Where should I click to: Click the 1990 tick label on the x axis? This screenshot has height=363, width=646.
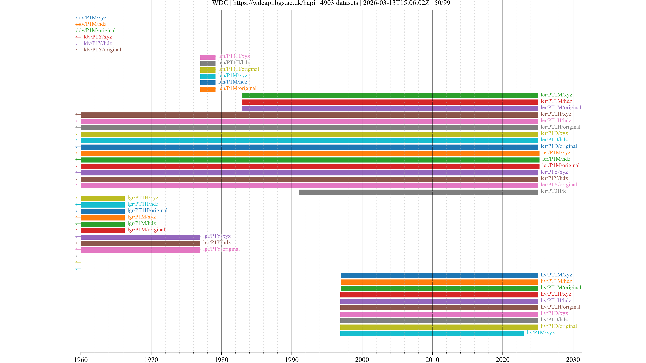292,359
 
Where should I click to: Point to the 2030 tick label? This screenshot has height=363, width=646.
573,359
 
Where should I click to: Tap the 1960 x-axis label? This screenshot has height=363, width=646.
81,359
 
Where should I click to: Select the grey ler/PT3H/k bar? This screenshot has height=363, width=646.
418,192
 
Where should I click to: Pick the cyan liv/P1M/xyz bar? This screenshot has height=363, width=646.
432,333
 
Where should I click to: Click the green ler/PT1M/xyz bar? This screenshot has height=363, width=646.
390,96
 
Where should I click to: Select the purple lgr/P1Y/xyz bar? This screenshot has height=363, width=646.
140,237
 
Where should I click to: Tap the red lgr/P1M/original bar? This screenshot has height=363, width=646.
103,230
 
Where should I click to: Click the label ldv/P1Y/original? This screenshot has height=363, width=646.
102,50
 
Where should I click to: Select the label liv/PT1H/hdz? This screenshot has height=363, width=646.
555,300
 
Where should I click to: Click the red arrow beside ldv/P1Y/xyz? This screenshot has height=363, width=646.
78,37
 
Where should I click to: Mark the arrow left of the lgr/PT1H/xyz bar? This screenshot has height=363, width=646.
78,198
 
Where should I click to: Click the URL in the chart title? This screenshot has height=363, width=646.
274,3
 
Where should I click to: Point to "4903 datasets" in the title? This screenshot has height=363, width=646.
339,3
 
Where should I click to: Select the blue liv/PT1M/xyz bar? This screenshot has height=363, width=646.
439,276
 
